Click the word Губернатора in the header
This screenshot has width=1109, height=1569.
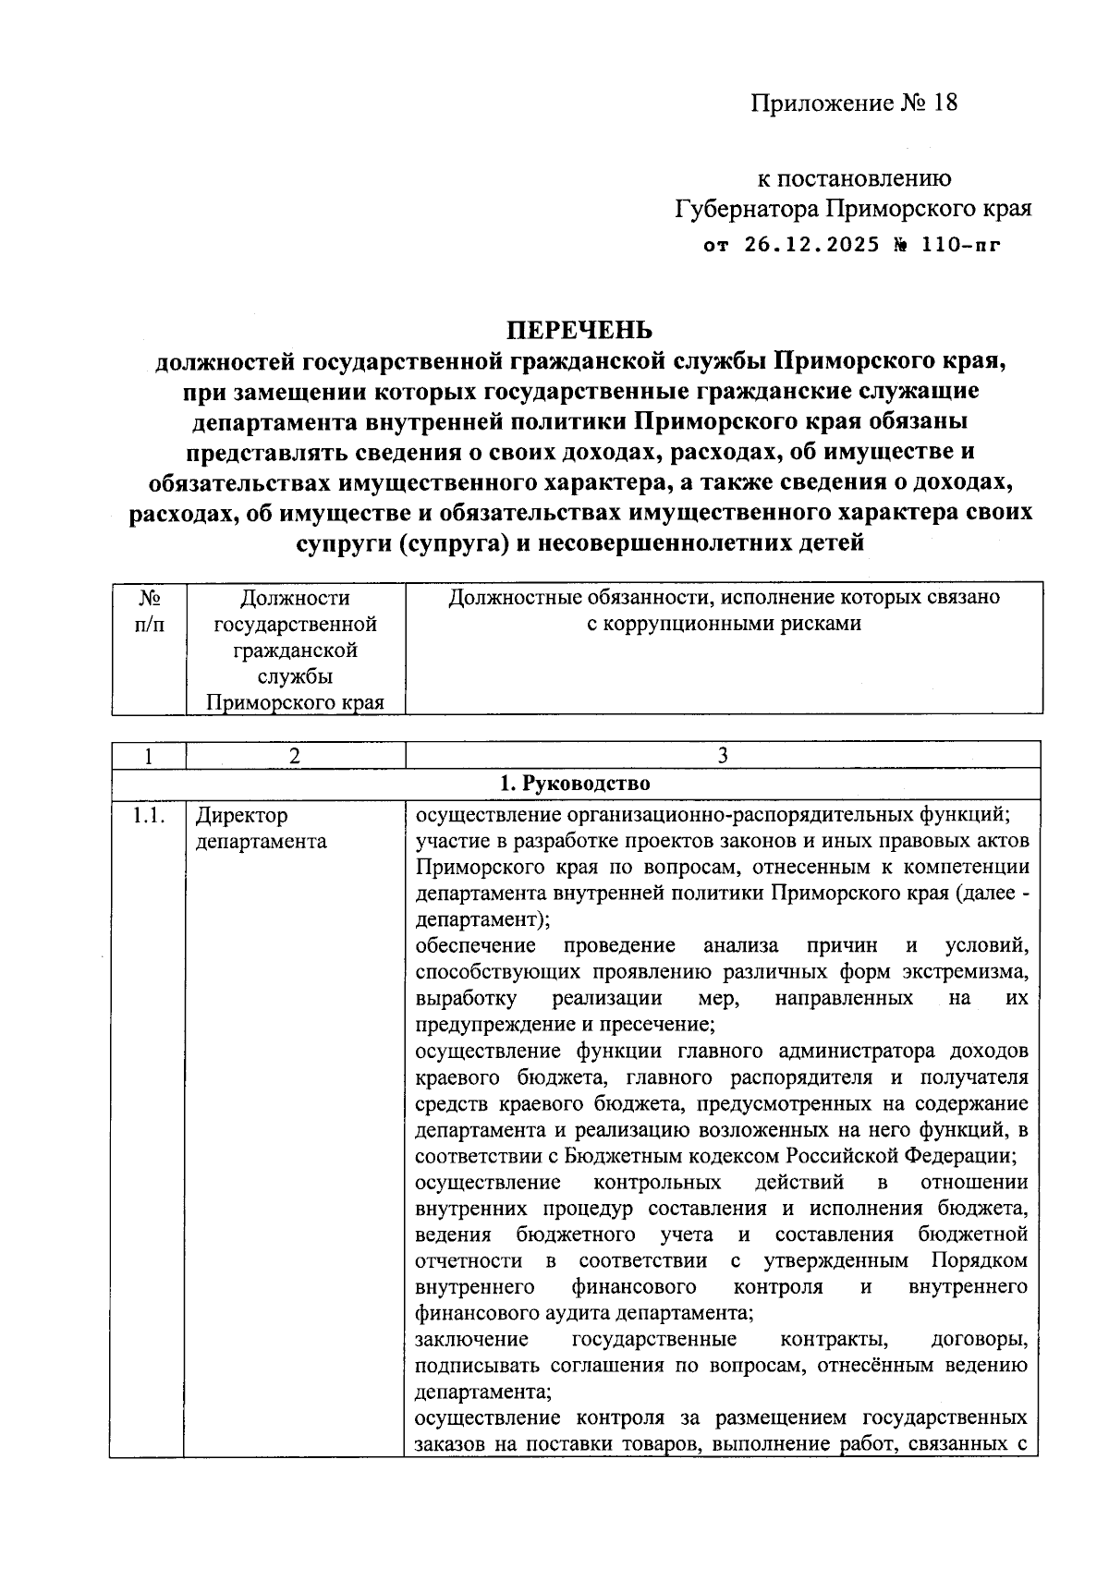746,210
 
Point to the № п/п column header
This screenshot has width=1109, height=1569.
149,611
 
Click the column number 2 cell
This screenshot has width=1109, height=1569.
294,756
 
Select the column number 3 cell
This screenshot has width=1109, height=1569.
723,756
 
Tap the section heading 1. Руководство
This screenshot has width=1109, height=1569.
575,784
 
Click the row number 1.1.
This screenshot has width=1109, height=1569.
147,816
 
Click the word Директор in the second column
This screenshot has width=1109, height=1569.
241,816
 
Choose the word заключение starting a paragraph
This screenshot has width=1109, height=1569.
471,1339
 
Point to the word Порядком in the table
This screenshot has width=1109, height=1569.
979,1261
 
